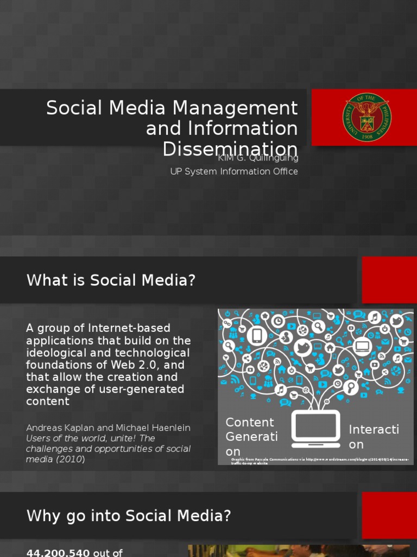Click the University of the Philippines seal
(x=367, y=117)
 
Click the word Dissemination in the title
(x=230, y=149)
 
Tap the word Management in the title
(x=237, y=108)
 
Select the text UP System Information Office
(x=234, y=171)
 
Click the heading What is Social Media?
(x=111, y=281)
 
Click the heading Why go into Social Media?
(x=129, y=516)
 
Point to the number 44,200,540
(x=58, y=553)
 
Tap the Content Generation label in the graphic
(x=251, y=437)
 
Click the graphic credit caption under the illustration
(x=321, y=461)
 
